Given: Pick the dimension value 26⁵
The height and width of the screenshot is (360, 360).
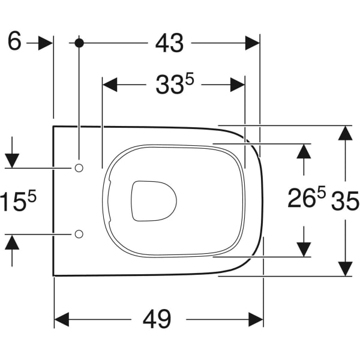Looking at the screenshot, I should click(x=306, y=199).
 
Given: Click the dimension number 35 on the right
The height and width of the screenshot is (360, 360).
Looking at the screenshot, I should click(x=345, y=202).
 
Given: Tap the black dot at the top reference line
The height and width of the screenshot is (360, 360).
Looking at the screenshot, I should click(x=79, y=43).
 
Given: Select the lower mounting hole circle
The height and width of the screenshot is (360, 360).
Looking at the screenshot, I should click(x=79, y=233).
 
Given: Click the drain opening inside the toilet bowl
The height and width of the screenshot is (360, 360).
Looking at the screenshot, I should click(x=154, y=200).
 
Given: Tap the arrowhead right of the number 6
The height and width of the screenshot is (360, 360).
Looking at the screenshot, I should click(x=46, y=43).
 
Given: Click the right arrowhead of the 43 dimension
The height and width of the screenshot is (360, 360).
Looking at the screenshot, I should click(x=252, y=43).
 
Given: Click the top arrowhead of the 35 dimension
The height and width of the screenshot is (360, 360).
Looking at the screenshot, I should click(x=344, y=133).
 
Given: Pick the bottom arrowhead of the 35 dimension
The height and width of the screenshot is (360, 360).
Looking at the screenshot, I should click(x=344, y=269).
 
